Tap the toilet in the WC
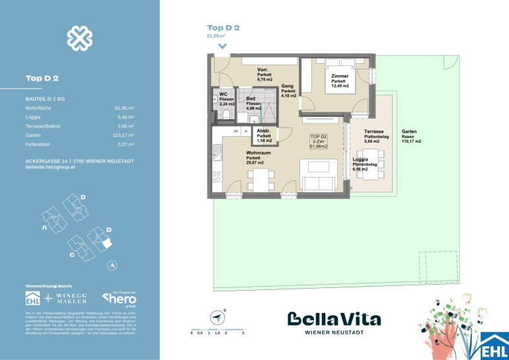(226, 114)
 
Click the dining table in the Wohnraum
(260, 178)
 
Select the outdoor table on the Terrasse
(372, 164)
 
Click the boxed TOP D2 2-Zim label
(319, 143)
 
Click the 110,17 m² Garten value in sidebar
(124, 134)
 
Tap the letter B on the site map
(83, 198)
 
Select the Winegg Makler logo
(69, 298)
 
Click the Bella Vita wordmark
(334, 320)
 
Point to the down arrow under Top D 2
(223, 46)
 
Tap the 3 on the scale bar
(243, 334)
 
